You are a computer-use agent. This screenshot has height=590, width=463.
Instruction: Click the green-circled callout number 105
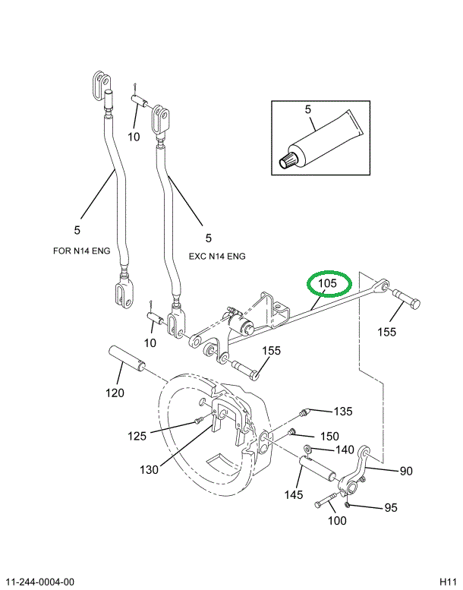[x=327, y=284]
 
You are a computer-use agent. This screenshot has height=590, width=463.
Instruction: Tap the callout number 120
[x=115, y=393]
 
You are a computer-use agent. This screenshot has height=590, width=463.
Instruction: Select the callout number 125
[x=137, y=435]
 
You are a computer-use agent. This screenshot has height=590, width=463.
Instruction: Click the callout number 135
[x=343, y=412]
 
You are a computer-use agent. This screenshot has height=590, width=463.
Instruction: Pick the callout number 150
[x=329, y=436]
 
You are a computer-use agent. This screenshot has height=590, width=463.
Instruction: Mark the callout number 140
[x=345, y=450]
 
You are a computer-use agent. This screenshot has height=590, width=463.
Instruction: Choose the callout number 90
[x=406, y=471]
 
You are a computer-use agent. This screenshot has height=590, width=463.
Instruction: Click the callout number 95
[x=390, y=507]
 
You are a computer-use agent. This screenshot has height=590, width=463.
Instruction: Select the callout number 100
[x=336, y=520]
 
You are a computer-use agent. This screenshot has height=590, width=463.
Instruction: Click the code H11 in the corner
[x=448, y=582]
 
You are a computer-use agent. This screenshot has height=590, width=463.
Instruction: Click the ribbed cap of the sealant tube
[x=290, y=159]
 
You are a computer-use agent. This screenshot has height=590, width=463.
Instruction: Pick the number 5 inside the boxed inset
[x=308, y=110]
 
